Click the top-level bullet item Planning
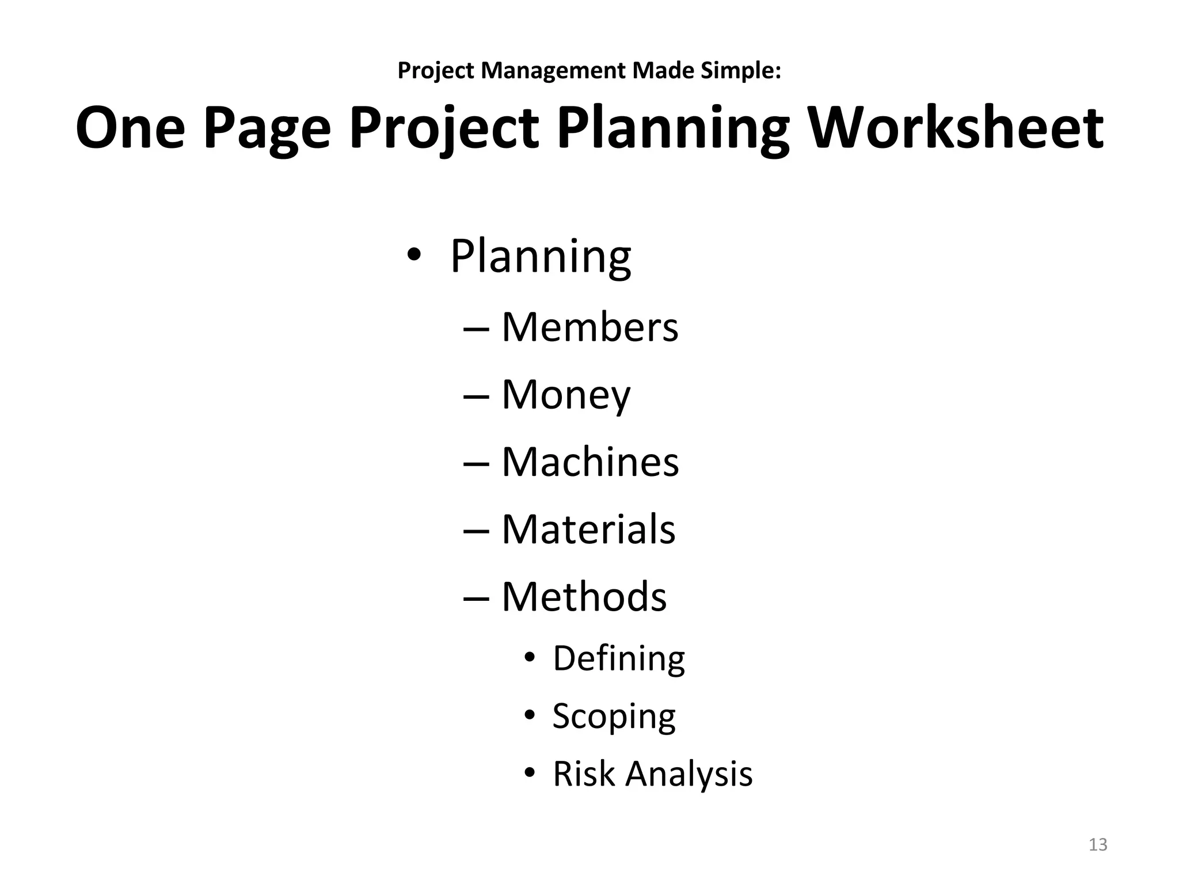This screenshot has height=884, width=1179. point(540,256)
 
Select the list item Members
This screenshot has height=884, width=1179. point(589,327)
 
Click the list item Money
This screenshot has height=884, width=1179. point(566,395)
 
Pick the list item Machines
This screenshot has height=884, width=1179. point(590,462)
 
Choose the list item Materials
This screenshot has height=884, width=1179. point(588,529)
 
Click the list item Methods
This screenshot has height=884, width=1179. point(584,596)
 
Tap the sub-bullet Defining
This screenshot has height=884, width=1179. point(619,658)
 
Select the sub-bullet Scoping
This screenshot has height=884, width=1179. point(614,717)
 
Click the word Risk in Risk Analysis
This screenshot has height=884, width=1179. point(584,773)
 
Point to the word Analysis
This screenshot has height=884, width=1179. point(689,773)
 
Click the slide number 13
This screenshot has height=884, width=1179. point(1098,845)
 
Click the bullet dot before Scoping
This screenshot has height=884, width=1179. point(530,716)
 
